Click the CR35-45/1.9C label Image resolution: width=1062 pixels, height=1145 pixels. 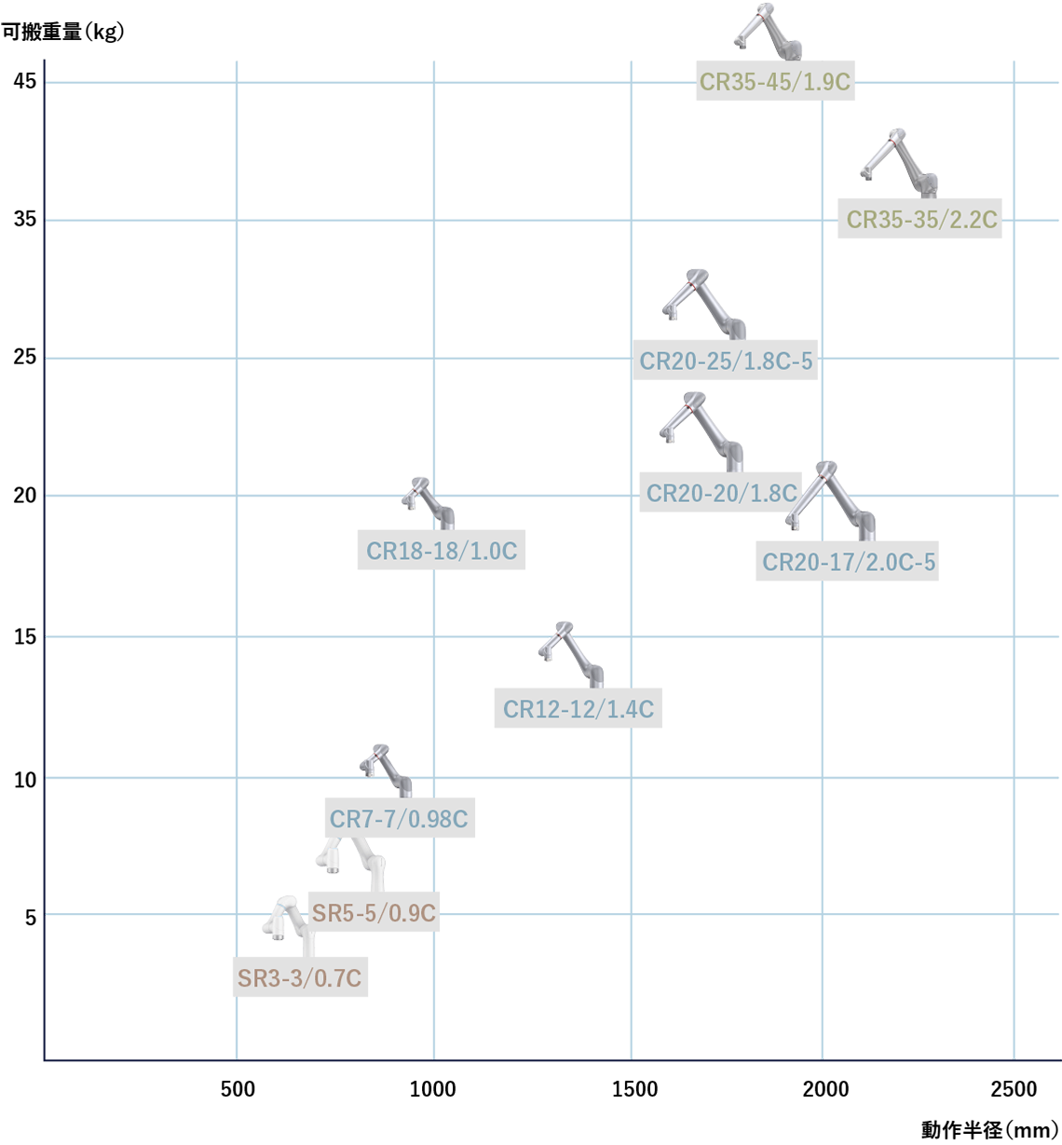pyautogui.click(x=775, y=82)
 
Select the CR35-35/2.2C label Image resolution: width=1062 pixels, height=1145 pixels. pyautogui.click(x=920, y=220)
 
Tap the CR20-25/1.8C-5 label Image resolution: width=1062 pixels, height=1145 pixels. pyautogui.click(x=726, y=361)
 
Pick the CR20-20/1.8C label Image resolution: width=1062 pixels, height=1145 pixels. pyautogui.click(x=721, y=493)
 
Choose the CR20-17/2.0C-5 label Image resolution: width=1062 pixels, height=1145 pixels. pyautogui.click(x=848, y=563)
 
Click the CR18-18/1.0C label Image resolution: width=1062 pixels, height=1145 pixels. pyautogui.click(x=442, y=551)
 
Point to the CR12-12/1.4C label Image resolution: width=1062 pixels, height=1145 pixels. pyautogui.click(x=579, y=710)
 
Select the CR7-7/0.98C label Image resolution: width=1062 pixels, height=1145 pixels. pyautogui.click(x=399, y=820)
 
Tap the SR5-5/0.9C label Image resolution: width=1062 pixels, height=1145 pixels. pyautogui.click(x=374, y=913)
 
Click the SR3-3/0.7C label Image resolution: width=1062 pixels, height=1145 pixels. pyautogui.click(x=299, y=978)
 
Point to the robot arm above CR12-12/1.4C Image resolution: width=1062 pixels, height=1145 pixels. pyautogui.click(x=570, y=652)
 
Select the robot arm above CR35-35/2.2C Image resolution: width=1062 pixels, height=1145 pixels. pyautogui.click(x=898, y=162)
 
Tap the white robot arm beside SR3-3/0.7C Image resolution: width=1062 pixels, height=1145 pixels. pyautogui.click(x=287, y=921)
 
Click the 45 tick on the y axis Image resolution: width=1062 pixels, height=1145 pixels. pyautogui.click(x=25, y=81)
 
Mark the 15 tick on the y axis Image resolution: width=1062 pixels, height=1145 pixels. pyautogui.click(x=25, y=637)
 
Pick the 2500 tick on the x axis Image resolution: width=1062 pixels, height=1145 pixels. pyautogui.click(x=1013, y=1089)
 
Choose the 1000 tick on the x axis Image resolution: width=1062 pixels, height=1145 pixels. pyautogui.click(x=433, y=1089)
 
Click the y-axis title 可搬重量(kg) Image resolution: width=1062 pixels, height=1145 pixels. pyautogui.click(x=62, y=32)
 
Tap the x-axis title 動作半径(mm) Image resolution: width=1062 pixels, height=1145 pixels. pyautogui.click(x=989, y=1130)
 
